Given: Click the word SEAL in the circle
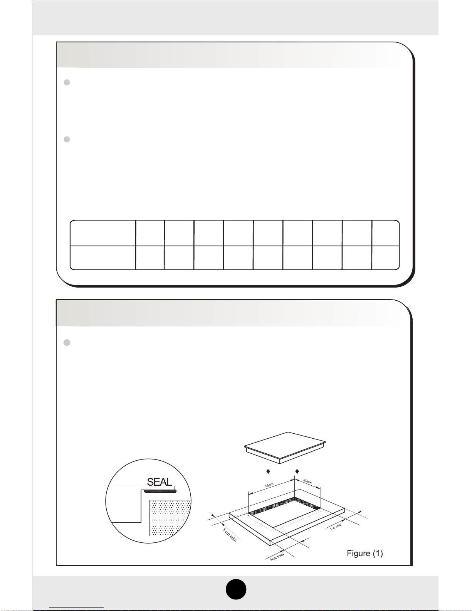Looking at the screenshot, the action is pyautogui.click(x=159, y=481).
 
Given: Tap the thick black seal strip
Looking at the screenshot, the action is pyautogui.click(x=160, y=491).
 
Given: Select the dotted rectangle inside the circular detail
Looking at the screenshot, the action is pyautogui.click(x=170, y=518).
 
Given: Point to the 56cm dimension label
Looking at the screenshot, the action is pyautogui.click(x=269, y=485).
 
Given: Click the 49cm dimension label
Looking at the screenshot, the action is pyautogui.click(x=307, y=481).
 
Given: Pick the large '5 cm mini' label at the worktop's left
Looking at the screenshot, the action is pyautogui.click(x=230, y=535).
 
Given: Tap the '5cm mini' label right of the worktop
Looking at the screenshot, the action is pyautogui.click(x=336, y=526).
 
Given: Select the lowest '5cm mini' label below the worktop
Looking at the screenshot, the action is pyautogui.click(x=277, y=556).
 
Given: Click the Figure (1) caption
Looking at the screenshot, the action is pyautogui.click(x=364, y=553).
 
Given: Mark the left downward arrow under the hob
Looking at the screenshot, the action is pyautogui.click(x=268, y=471).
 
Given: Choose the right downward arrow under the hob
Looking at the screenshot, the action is pyautogui.click(x=297, y=471).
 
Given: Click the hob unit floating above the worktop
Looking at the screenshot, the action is pyautogui.click(x=285, y=448).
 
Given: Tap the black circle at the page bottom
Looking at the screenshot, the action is pyautogui.click(x=236, y=589).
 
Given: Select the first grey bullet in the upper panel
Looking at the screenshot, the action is pyautogui.click(x=67, y=82).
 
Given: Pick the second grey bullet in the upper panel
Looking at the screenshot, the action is pyautogui.click(x=67, y=140).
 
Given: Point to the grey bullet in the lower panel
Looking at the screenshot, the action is pyautogui.click(x=67, y=342).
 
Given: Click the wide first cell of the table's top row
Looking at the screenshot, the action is pyautogui.click(x=103, y=233).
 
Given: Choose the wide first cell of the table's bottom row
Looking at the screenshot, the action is pyautogui.click(x=103, y=258).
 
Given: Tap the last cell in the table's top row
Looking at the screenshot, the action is pyautogui.click(x=385, y=233).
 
